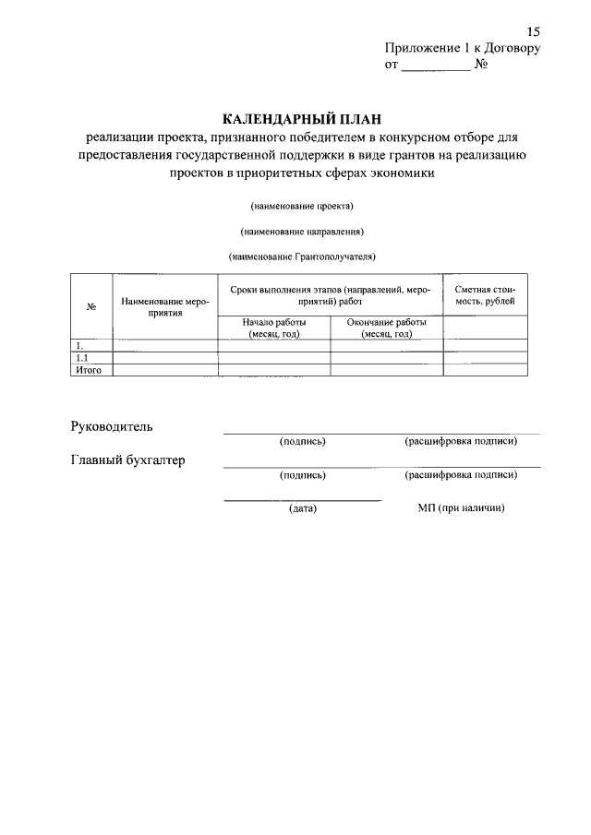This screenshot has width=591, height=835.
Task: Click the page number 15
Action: [x=533, y=32]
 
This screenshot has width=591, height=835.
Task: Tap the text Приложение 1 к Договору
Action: [x=462, y=49]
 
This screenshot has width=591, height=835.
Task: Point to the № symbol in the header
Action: [x=480, y=66]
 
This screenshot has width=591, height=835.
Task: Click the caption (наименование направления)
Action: [x=302, y=231]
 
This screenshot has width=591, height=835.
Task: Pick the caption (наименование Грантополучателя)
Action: [x=302, y=256]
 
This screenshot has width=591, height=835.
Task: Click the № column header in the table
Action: [x=91, y=307]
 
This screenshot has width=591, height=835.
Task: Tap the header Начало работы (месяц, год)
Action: [x=273, y=328]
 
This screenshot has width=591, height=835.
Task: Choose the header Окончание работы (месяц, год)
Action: [x=386, y=328]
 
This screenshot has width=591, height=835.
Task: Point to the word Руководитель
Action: [x=113, y=426]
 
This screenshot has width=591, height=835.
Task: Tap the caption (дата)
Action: [x=302, y=508]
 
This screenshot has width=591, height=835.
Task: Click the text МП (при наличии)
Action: [x=460, y=508]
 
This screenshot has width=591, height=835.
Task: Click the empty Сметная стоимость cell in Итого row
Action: [x=486, y=370]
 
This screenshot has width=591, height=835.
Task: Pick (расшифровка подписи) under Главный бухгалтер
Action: [x=460, y=475]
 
